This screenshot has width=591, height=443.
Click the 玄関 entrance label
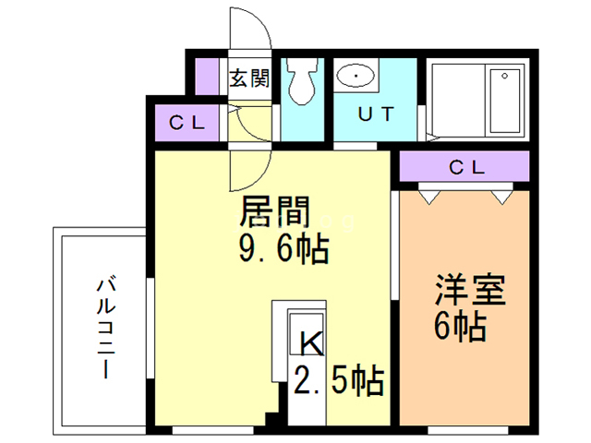click(248, 78)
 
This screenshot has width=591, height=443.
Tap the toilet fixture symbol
click(299, 82)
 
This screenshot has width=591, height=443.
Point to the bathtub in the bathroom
click(504, 100)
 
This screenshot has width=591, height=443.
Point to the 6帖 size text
click(459, 327)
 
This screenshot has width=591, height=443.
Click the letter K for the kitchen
click(309, 343)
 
